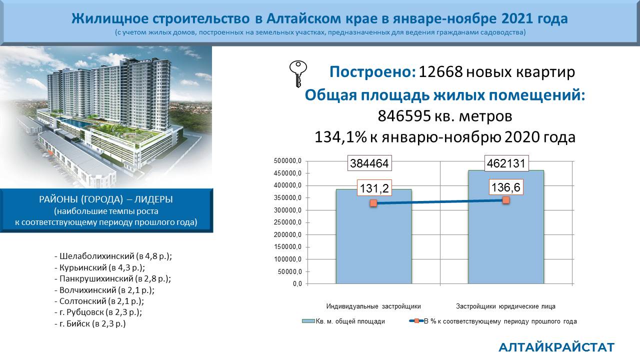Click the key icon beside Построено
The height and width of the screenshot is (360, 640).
(x=298, y=73)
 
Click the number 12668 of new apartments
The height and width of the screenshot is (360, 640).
(x=440, y=71)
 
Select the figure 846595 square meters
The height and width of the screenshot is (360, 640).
(x=404, y=116)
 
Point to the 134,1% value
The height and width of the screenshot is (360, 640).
(x=340, y=137)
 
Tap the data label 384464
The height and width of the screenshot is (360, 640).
(x=369, y=163)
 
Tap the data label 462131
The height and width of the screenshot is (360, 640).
(x=506, y=163)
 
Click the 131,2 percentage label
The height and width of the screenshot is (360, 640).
(x=374, y=188)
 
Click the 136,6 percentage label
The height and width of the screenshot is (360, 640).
(x=505, y=187)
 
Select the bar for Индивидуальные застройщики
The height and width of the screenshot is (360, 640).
(x=373, y=236)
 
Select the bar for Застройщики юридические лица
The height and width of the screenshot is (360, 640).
(x=505, y=227)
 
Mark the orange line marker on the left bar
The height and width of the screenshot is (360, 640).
(x=373, y=203)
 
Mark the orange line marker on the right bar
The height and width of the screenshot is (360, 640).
(x=505, y=200)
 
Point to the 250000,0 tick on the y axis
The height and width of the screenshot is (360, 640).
(x=287, y=222)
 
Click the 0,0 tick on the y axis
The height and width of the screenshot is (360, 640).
(x=297, y=284)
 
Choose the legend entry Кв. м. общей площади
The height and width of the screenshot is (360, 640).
(x=343, y=321)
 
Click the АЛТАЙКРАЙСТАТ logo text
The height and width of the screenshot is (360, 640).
(x=556, y=347)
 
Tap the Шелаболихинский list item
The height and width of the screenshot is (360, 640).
(x=113, y=256)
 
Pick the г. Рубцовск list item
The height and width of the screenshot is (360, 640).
(x=98, y=312)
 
